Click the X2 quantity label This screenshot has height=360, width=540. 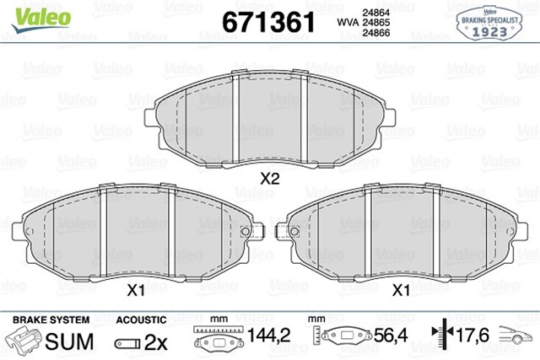coord(269,178)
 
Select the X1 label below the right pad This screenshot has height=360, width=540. coord(402,289)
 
